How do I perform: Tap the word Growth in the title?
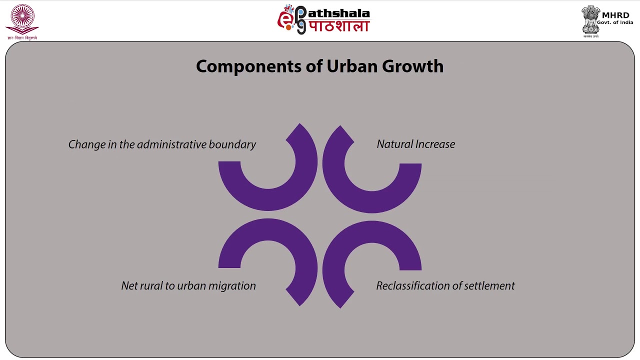[413, 66]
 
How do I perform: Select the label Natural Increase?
[415, 144]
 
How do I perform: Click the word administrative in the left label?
[171, 144]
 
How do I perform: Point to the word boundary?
[232, 144]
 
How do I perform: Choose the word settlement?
[490, 286]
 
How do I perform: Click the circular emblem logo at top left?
[20, 19]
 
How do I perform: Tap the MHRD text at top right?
[616, 15]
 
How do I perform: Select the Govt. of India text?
[614, 23]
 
